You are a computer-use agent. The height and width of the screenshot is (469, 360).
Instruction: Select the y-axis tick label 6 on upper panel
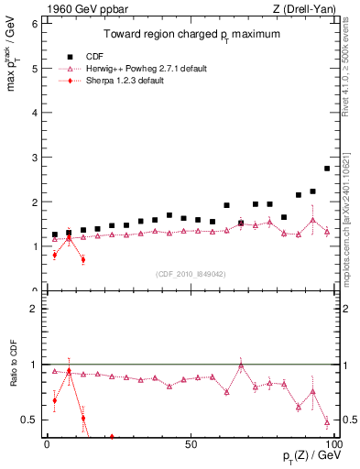[x=34, y=24]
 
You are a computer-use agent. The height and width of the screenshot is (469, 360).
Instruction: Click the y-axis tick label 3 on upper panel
[x=34, y=158]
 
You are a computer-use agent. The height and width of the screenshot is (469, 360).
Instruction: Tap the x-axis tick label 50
[x=190, y=443]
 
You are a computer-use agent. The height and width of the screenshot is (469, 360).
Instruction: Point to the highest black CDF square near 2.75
[x=327, y=169]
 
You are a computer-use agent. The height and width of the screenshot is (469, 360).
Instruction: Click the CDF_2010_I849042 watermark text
[x=188, y=274]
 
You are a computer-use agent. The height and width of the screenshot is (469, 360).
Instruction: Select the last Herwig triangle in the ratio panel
[x=327, y=422]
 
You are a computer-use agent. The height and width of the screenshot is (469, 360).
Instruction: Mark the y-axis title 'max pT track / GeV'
[x=12, y=69]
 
